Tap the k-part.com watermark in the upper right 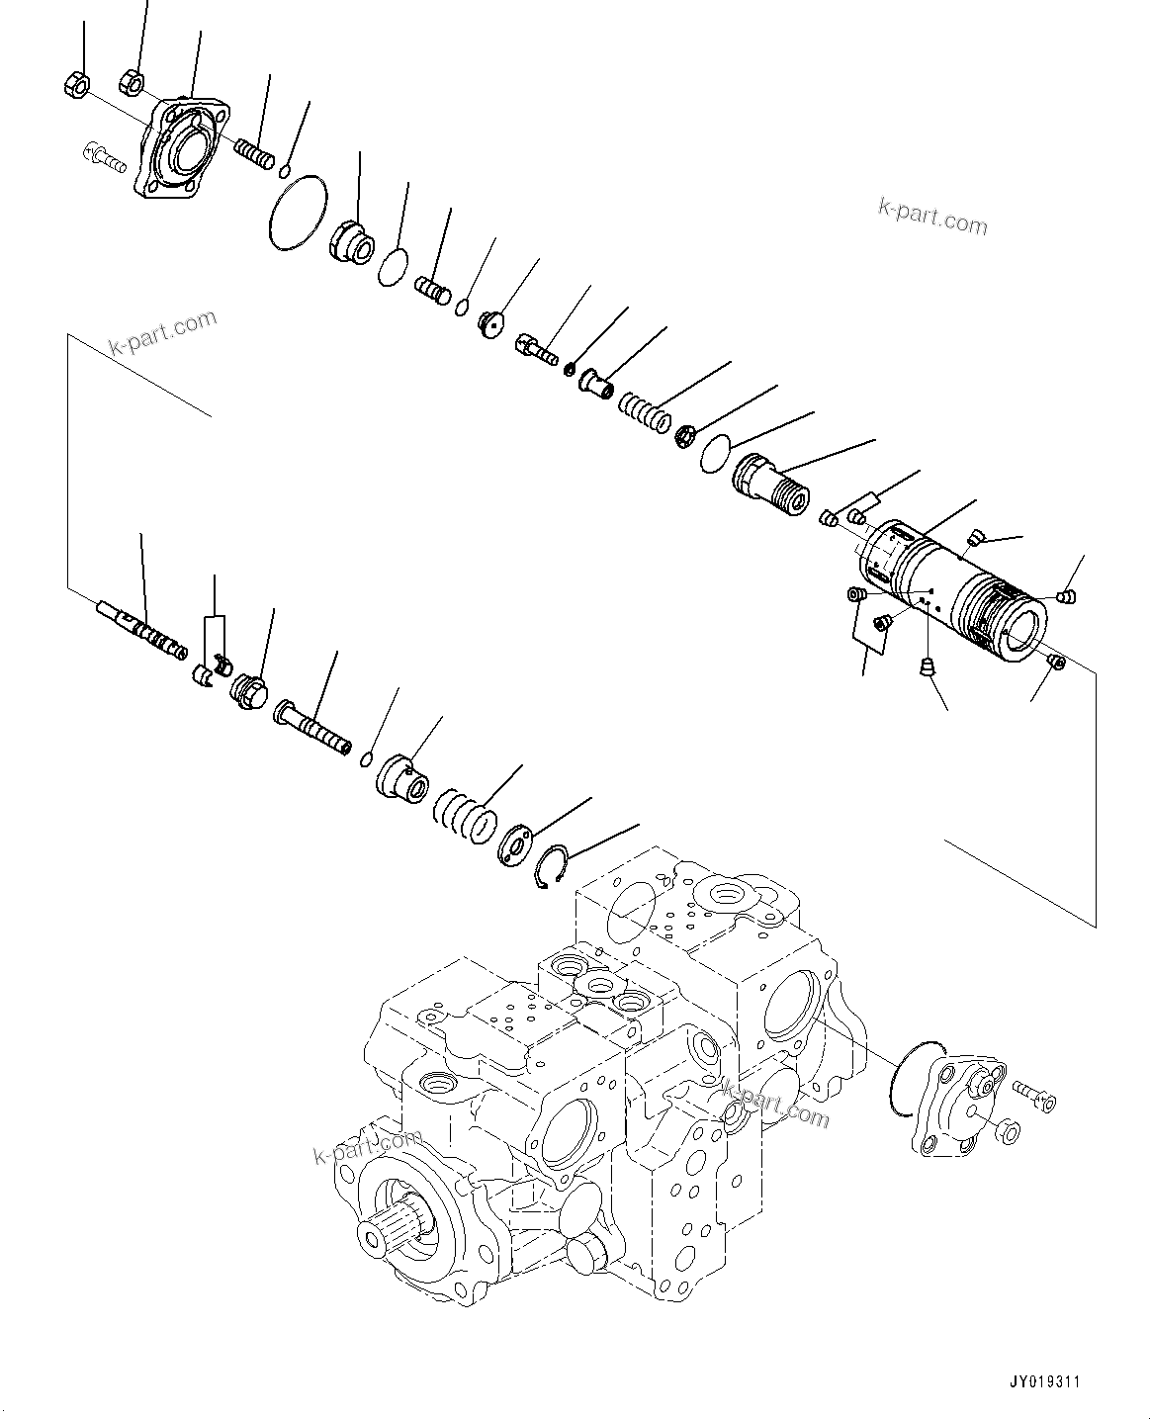coord(931,217)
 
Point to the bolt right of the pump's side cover coord(1033,1097)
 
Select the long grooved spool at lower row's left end coord(143,630)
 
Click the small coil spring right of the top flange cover coord(253,154)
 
